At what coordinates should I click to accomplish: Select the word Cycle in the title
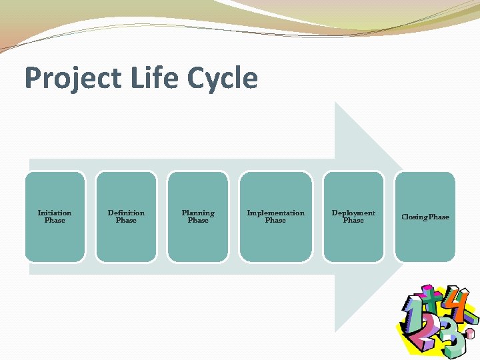pyautogui.click(x=222, y=79)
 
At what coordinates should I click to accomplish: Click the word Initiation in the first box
pyautogui.click(x=55, y=213)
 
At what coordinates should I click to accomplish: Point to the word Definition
pyautogui.click(x=126, y=213)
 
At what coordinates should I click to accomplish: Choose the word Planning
pyautogui.click(x=198, y=213)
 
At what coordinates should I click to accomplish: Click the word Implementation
pyautogui.click(x=275, y=213)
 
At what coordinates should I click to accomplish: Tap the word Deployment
pyautogui.click(x=353, y=213)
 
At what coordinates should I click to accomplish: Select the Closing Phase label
pyautogui.click(x=425, y=217)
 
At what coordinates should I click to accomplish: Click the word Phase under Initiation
pyautogui.click(x=55, y=221)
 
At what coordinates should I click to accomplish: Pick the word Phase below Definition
pyautogui.click(x=126, y=221)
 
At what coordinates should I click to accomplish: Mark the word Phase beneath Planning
pyautogui.click(x=198, y=221)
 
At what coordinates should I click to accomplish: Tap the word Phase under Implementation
pyautogui.click(x=275, y=221)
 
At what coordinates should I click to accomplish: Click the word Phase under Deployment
pyautogui.click(x=353, y=221)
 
